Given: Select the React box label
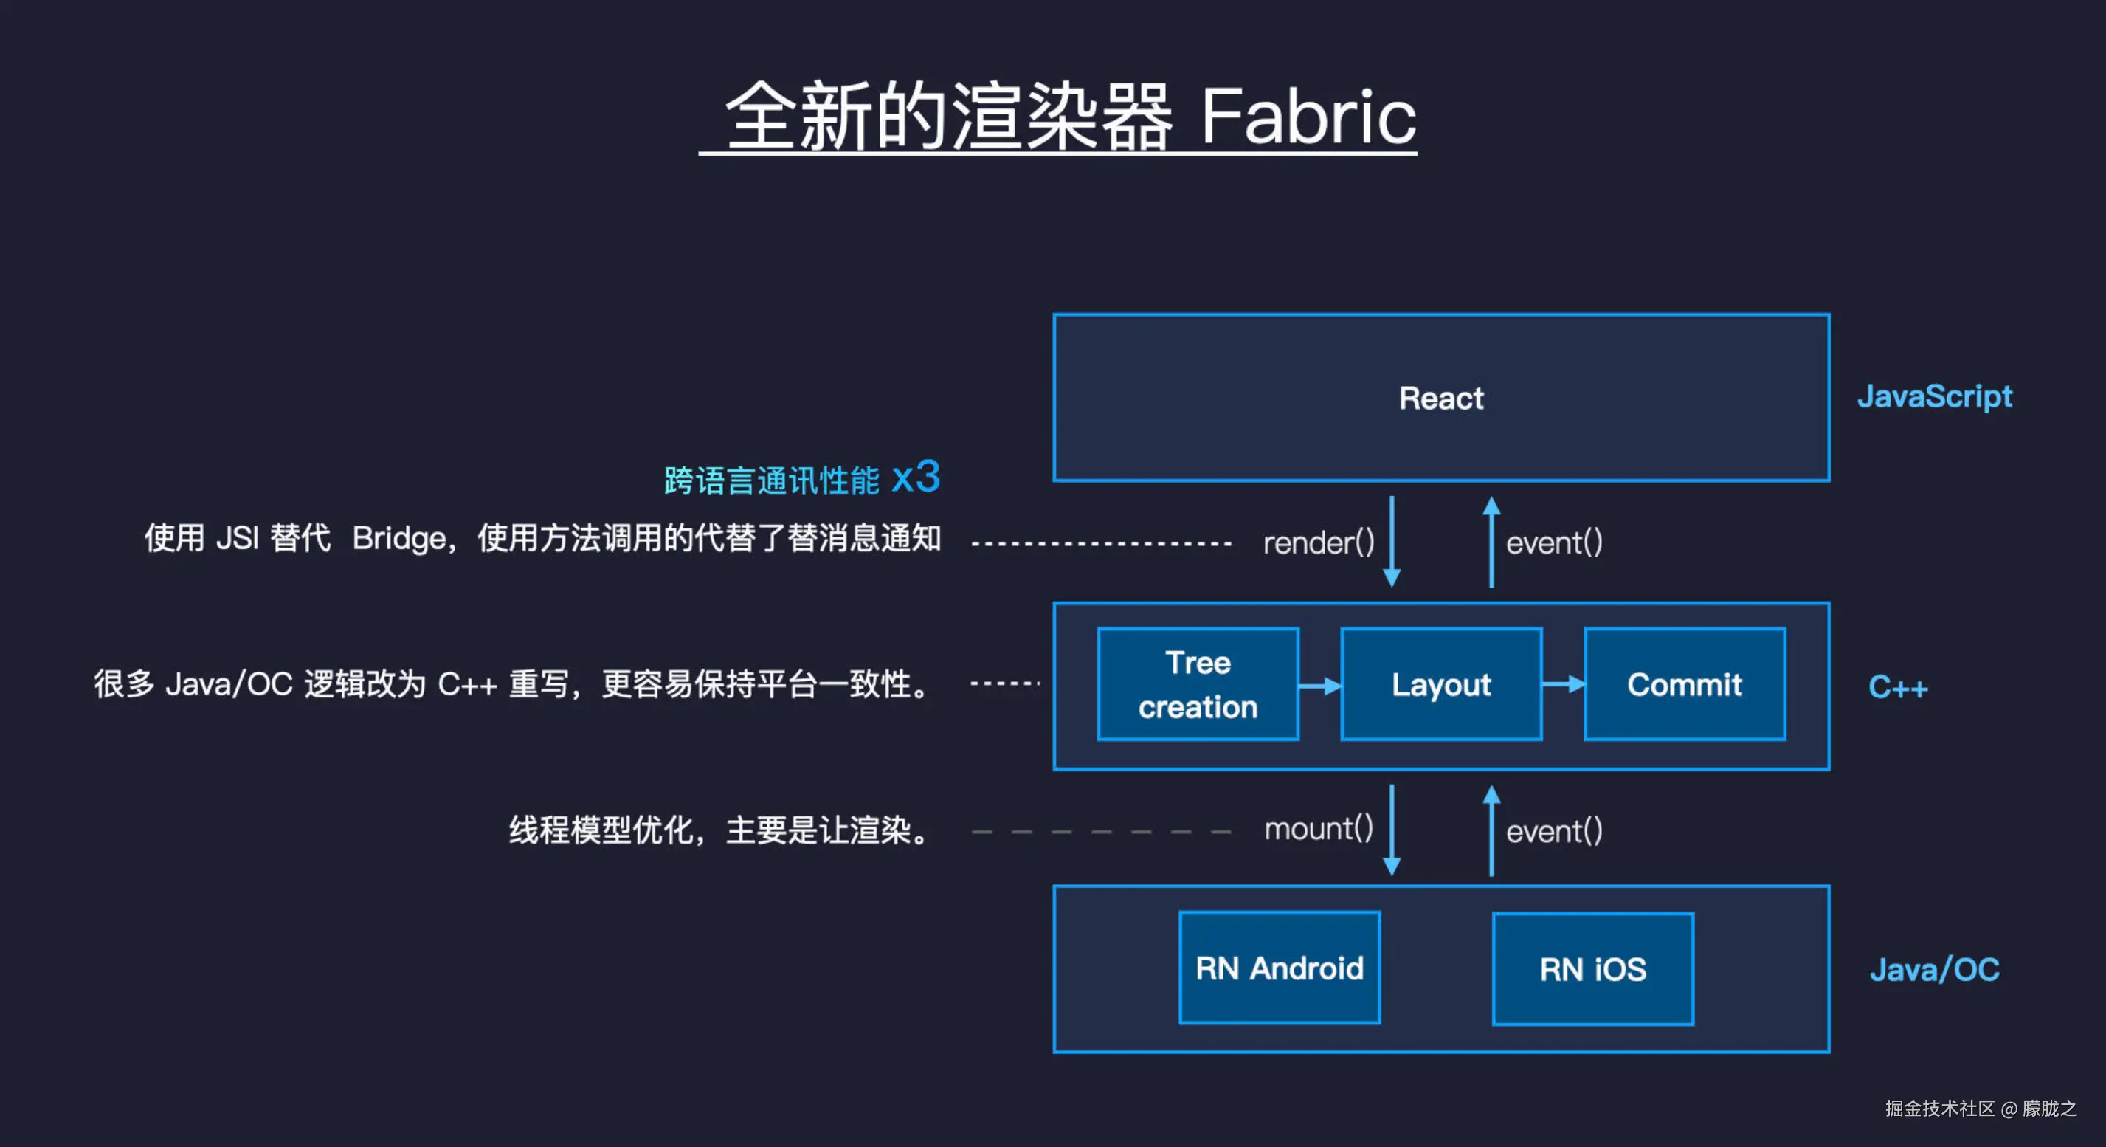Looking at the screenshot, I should pos(1440,398).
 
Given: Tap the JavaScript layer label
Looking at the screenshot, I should pos(1933,396).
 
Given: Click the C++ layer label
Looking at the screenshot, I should pos(1897,686).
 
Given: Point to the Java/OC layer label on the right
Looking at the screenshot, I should pos(1933,970).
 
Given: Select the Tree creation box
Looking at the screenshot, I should pos(1198,684).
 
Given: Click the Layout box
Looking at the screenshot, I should pos(1440,684).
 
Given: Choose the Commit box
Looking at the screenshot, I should pos(1684,684).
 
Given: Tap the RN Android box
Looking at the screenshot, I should pos(1280,968).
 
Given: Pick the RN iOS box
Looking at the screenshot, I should pos(1592,970).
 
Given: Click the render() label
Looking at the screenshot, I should pos(1318,542).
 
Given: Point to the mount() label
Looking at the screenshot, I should pos(1318,829).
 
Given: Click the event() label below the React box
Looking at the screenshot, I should pos(1553,542).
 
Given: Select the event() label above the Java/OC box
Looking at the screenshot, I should pos(1553,831).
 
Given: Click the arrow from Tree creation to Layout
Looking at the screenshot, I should pos(1319,686).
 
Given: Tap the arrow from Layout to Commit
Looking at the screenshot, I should pos(1563,684).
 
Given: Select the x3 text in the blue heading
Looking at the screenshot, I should pos(916,477).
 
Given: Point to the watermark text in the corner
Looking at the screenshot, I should pos(1979,1108).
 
